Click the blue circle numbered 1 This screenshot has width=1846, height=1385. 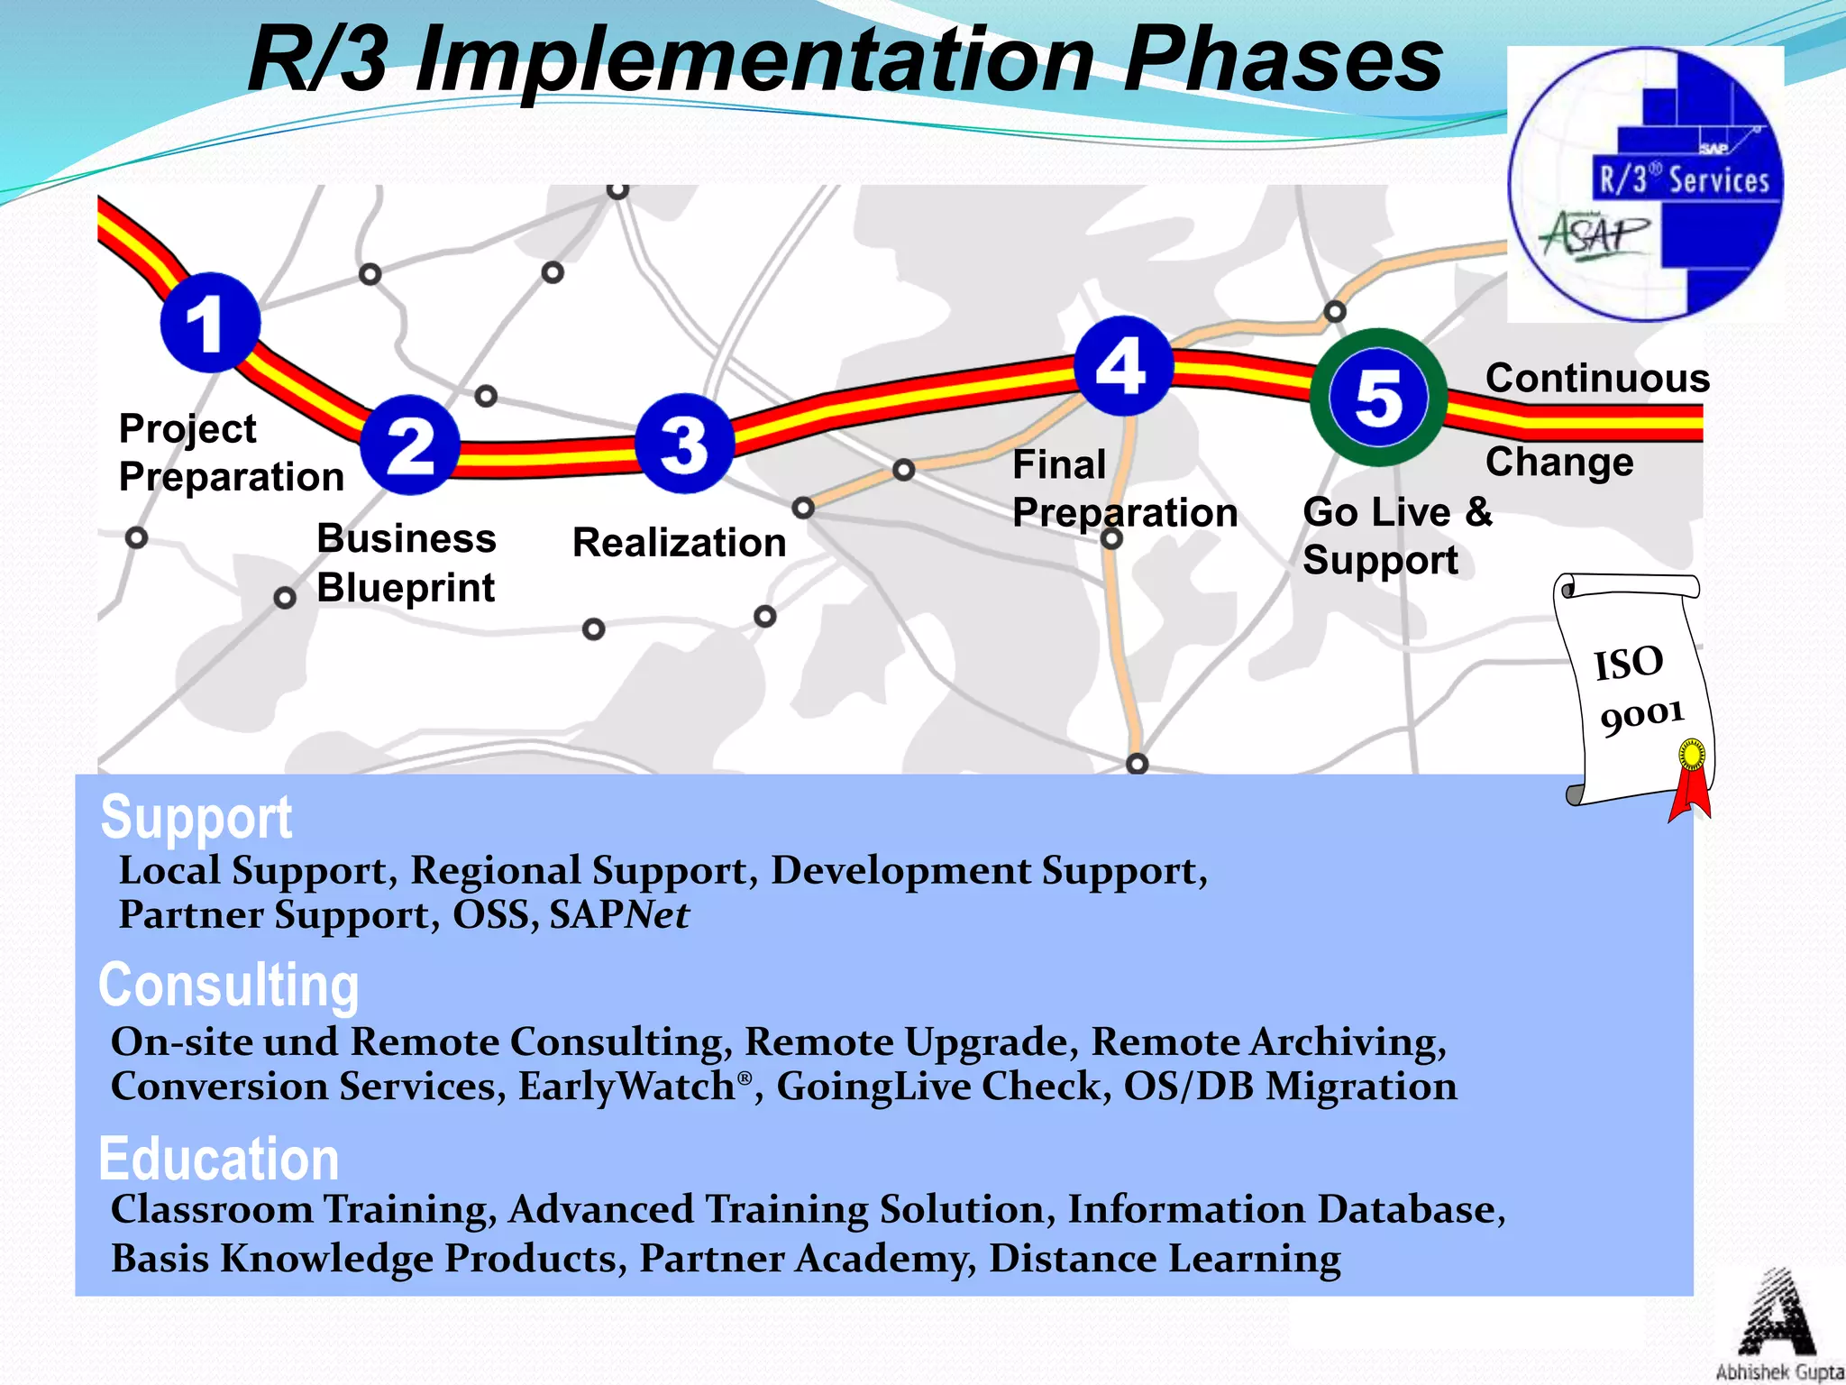(x=210, y=323)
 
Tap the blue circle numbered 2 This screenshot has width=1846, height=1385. (x=410, y=445)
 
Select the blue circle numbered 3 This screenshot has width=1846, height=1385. (x=684, y=444)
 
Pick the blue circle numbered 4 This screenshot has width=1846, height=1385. (x=1123, y=366)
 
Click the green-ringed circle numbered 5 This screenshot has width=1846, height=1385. (x=1378, y=398)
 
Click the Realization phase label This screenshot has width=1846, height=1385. (x=680, y=543)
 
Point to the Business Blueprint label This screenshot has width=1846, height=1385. (x=406, y=563)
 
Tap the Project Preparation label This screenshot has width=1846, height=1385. (x=231, y=453)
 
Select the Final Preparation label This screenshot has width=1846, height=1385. (x=1124, y=489)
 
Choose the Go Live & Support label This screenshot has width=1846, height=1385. (x=1397, y=536)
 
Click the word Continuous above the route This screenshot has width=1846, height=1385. (x=1597, y=378)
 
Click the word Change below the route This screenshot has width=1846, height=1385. (x=1559, y=462)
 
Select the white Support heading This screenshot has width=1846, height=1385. (x=196, y=818)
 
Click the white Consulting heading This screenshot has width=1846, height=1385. (x=229, y=985)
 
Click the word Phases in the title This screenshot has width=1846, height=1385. (x=1284, y=60)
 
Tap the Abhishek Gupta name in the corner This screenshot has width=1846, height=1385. (x=1779, y=1372)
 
